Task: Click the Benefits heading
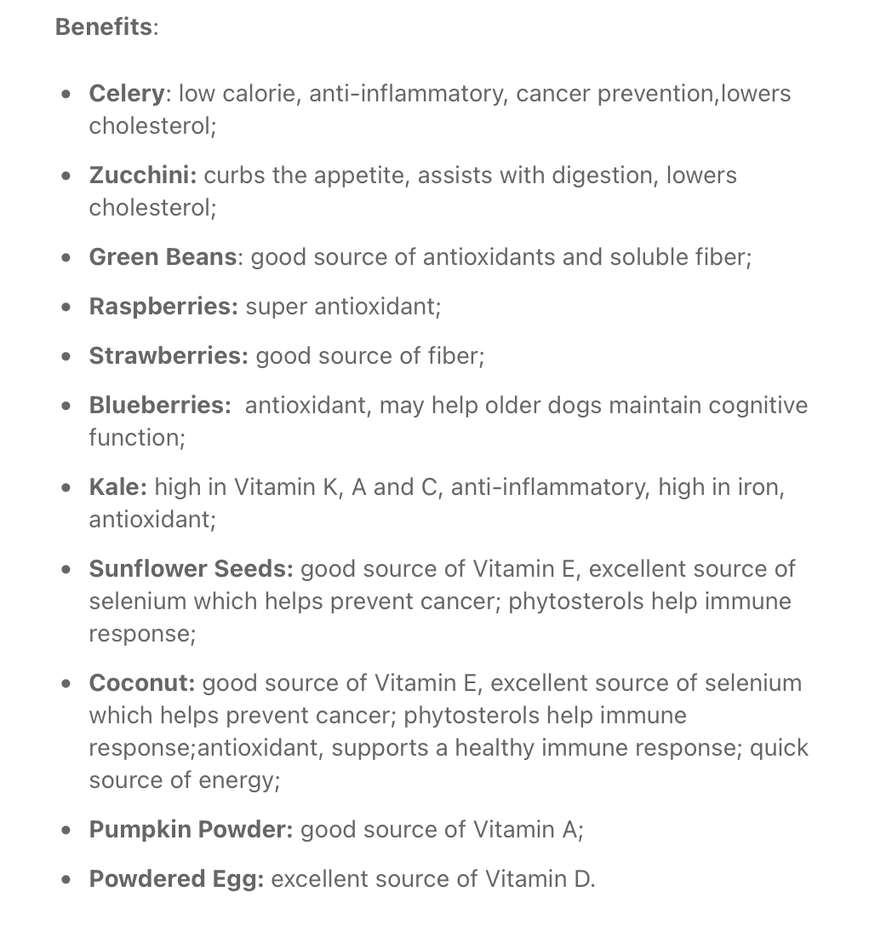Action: (x=104, y=26)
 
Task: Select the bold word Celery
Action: (x=127, y=93)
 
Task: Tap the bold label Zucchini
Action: (x=142, y=175)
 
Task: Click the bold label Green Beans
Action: (x=163, y=256)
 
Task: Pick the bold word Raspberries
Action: (x=163, y=306)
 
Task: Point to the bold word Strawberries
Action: (x=169, y=355)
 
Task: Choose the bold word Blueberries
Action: (x=159, y=405)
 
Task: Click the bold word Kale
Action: (x=117, y=486)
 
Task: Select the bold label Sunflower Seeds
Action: (x=191, y=568)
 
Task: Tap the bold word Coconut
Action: (x=141, y=682)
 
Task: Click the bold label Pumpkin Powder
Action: (x=191, y=829)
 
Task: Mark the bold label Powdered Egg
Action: (x=176, y=878)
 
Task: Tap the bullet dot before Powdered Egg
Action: (x=66, y=879)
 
